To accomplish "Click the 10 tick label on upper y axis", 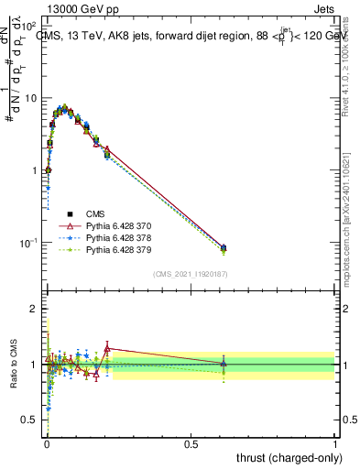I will click(x=29, y=98).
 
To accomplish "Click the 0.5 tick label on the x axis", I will click(x=191, y=443).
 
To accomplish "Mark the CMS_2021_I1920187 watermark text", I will click(x=191, y=274).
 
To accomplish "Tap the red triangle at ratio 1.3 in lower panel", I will click(x=107, y=348).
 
